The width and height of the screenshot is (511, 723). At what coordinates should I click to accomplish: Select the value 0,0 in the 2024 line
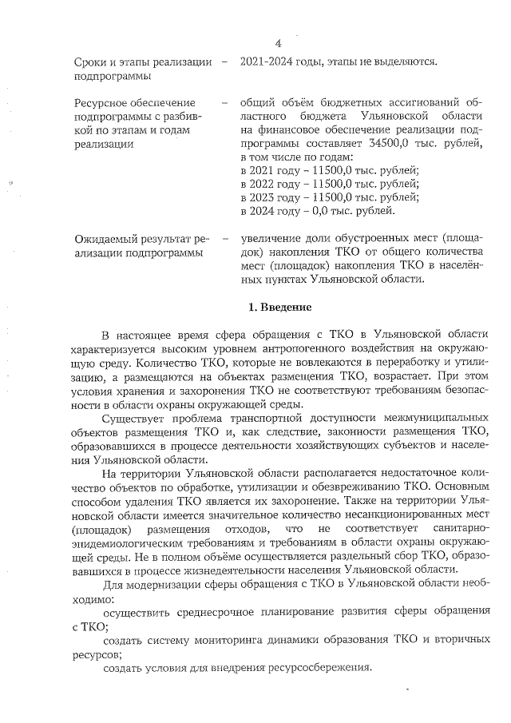click(327, 212)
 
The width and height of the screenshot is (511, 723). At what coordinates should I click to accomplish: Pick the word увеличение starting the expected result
click(270, 239)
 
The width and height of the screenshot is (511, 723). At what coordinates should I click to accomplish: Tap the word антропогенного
click(291, 348)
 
